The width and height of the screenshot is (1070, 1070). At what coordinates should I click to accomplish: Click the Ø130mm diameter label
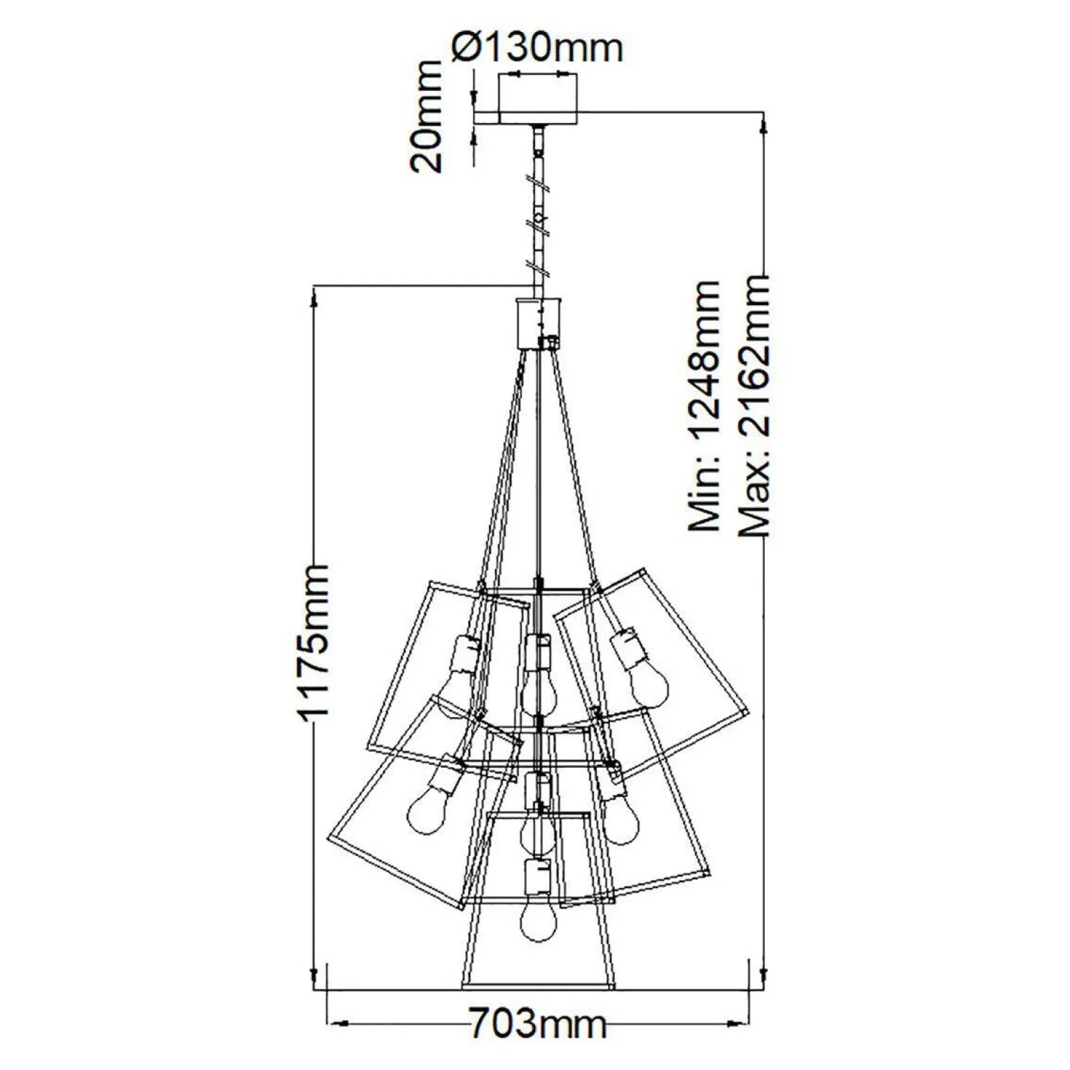pyautogui.click(x=536, y=48)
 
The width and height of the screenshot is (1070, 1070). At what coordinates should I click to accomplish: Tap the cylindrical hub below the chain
pyautogui.click(x=538, y=322)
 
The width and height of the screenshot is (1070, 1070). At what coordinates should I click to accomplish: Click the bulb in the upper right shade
pyautogui.click(x=649, y=684)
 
